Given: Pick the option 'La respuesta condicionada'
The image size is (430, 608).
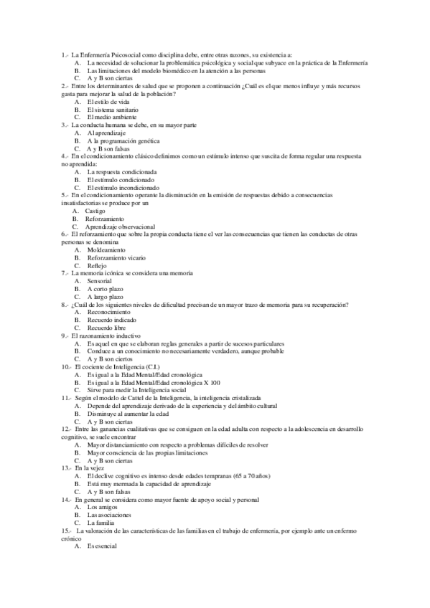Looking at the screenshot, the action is click(121, 171).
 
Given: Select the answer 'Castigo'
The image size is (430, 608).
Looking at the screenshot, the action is click(95, 211).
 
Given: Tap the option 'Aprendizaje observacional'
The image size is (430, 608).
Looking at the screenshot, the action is click(121, 226).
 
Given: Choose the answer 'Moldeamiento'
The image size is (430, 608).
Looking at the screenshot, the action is click(108, 250).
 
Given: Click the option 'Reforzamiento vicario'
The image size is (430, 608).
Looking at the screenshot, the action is click(116, 257).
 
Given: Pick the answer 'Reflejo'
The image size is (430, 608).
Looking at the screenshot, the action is click(96, 265).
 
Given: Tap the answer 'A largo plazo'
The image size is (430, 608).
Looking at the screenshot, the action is click(106, 296).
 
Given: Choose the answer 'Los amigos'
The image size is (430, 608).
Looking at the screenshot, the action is click(102, 507).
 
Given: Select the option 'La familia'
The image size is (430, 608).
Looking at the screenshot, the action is click(101, 523).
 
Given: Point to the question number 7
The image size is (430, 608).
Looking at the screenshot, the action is click(65, 273).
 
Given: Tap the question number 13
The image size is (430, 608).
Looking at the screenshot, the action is click(66, 467).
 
